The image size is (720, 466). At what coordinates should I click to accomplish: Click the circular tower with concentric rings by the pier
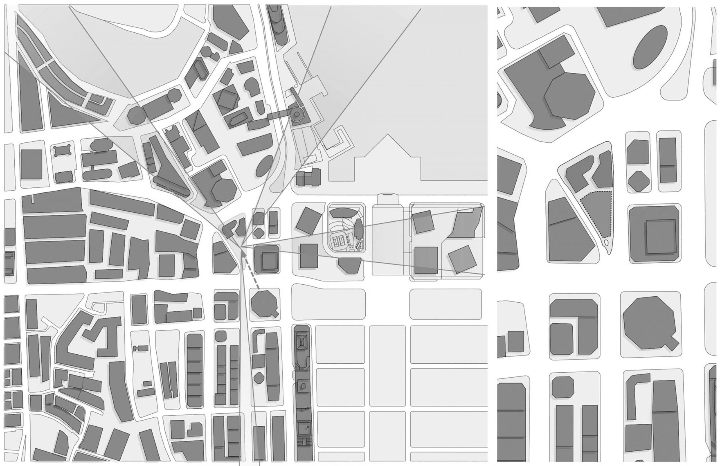(297, 114)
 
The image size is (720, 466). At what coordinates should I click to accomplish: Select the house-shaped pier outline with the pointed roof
(387, 160)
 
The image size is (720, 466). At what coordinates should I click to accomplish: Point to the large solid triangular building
(70, 115)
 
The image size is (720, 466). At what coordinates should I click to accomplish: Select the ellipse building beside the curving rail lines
(265, 166)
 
